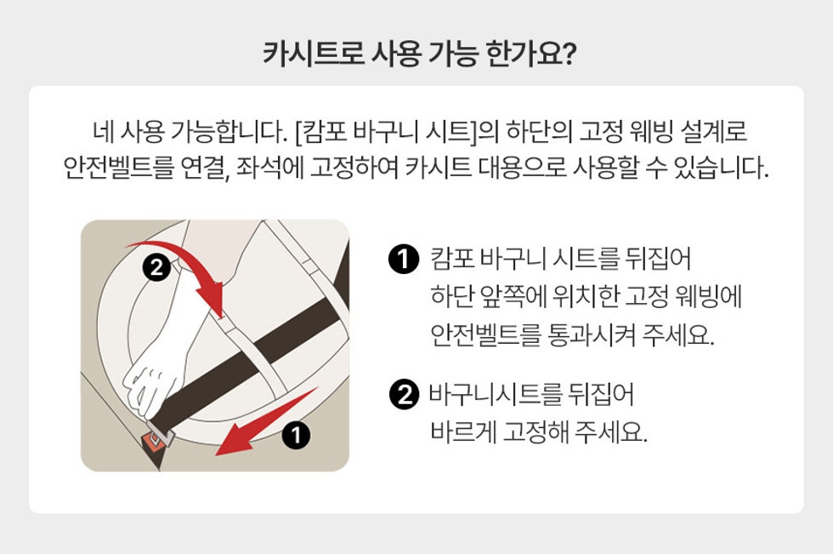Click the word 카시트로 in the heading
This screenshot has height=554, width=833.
(x=314, y=54)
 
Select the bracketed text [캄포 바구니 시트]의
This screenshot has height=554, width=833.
(x=396, y=131)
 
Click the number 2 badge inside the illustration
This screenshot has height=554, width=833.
(x=156, y=267)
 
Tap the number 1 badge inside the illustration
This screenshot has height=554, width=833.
(x=296, y=436)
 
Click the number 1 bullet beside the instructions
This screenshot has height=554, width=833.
(x=404, y=260)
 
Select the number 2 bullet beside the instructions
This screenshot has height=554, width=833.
(x=405, y=396)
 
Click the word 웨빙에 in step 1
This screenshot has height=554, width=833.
(x=708, y=297)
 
